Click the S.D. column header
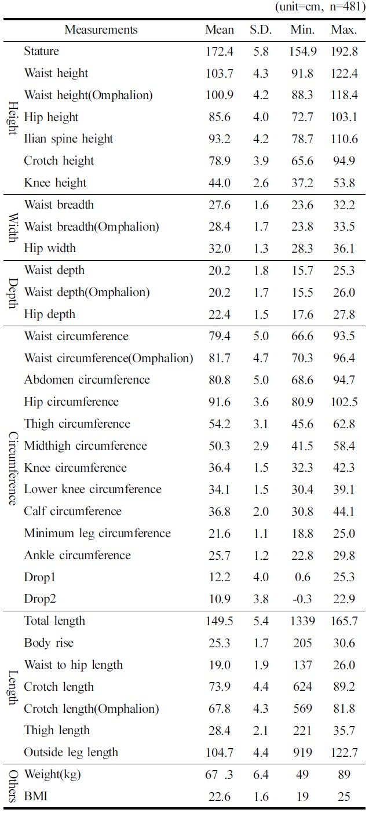point(261,30)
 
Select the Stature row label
point(41,52)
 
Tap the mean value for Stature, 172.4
point(220,52)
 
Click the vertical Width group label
point(13,227)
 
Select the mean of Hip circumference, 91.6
point(220,402)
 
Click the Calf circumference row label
point(72,512)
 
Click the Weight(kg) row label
point(54,775)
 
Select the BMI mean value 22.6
point(220,797)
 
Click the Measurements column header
point(101,30)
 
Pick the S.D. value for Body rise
point(261,643)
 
